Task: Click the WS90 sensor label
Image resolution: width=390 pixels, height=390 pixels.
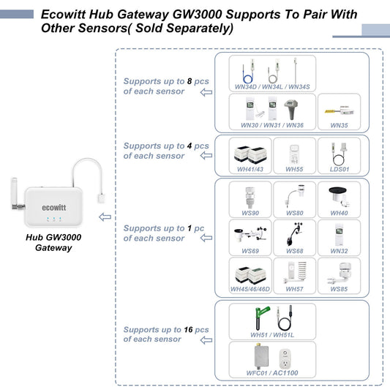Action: pos(250,214)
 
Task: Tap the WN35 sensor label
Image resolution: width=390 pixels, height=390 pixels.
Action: pos(339,125)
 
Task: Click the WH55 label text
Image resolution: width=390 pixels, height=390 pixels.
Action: pos(294,169)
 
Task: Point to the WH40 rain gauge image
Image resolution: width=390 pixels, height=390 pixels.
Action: pos(339,196)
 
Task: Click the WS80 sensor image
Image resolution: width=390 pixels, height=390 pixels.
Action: pos(294,196)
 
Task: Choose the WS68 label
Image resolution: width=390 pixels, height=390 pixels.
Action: pos(294,251)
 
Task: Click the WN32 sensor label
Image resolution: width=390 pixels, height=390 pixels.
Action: pos(339,251)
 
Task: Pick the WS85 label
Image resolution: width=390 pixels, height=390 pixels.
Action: pos(339,289)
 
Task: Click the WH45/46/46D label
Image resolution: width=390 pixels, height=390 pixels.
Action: pos(250,289)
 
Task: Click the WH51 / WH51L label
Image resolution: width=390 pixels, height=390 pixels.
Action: pos(272,334)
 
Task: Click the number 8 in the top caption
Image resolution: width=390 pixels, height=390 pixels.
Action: pos(189,82)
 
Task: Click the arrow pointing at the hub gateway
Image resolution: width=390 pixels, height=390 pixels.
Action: pos(107,217)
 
